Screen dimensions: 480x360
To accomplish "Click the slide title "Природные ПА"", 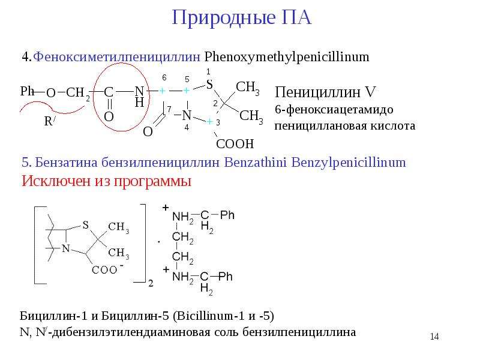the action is tap(242, 18).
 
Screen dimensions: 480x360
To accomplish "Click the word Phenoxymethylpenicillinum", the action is tap(287, 57).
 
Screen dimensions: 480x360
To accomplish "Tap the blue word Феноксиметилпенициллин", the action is tap(116, 57).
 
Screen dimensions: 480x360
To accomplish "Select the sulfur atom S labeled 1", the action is tap(209, 85).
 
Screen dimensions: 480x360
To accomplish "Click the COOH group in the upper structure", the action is tap(235, 143).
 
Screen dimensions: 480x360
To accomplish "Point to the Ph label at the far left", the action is tap(27, 91).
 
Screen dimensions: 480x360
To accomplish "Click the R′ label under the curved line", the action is tap(49, 121).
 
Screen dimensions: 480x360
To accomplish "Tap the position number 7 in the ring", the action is tap(169, 109).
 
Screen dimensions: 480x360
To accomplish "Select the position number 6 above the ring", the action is tap(164, 78).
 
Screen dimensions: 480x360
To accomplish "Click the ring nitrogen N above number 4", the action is tap(187, 116).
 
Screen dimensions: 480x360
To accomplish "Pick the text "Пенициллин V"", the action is tap(325, 92).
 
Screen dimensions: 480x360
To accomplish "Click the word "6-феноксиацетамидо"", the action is tap(334, 110).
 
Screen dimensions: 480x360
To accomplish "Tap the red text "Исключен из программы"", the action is tap(107, 181).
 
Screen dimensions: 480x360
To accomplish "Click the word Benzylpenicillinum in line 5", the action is tap(349, 162).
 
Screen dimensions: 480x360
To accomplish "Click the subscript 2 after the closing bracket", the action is tap(151, 283).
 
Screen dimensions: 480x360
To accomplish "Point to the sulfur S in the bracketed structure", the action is tap(85, 225).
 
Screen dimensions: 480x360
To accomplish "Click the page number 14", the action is tap(434, 337).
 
